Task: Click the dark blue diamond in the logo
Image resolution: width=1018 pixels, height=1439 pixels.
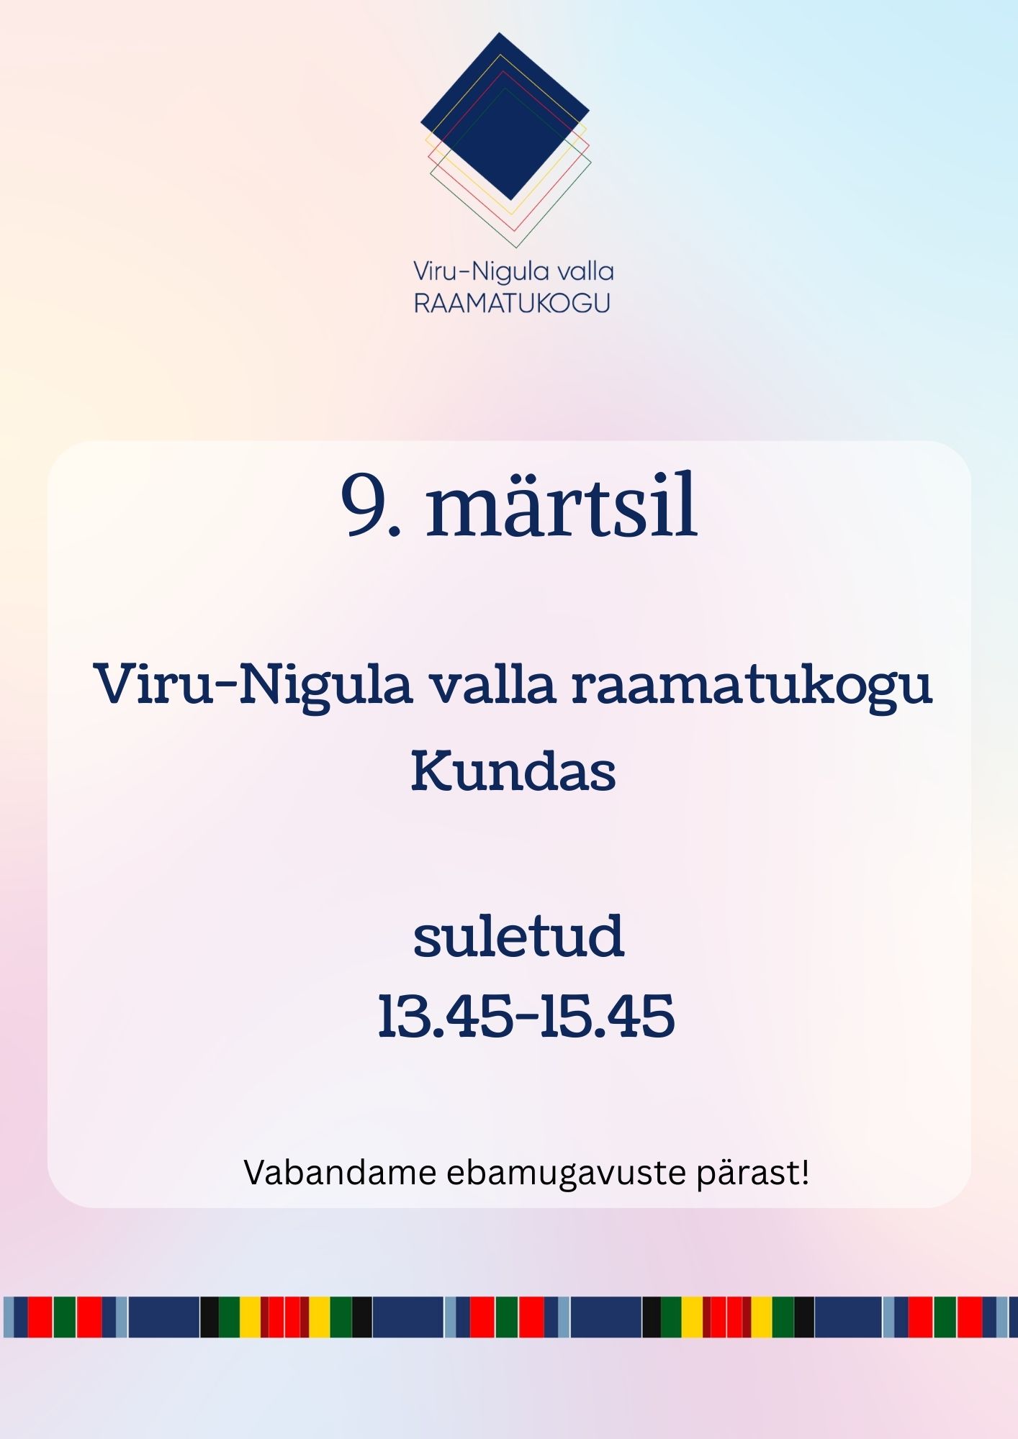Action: (x=505, y=116)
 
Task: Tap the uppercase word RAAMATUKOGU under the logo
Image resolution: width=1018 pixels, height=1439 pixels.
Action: (x=512, y=303)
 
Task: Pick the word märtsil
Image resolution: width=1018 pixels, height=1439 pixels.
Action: (x=562, y=504)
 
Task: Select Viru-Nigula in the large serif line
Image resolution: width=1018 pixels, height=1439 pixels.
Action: (x=253, y=685)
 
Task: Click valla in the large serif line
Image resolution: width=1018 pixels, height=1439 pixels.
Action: (x=493, y=684)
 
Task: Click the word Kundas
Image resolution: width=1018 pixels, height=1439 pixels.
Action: (x=513, y=771)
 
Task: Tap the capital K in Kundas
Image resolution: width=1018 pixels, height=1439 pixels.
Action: (x=432, y=771)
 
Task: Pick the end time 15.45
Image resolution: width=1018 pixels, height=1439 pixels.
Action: (x=608, y=1016)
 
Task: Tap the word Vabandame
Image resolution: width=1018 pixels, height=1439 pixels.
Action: (x=341, y=1172)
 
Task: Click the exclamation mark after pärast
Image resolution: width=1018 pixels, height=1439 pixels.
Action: (x=805, y=1172)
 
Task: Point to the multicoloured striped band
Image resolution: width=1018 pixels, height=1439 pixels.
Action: (x=509, y=1317)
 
